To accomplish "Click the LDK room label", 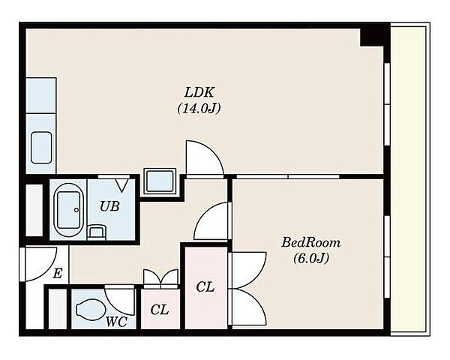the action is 199,93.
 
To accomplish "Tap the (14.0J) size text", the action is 199,109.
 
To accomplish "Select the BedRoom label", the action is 310,242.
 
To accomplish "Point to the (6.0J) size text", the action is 310,259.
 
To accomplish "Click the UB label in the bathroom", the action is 109,206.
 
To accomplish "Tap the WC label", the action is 116,322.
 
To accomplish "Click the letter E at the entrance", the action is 58,273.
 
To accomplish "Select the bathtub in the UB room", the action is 68,210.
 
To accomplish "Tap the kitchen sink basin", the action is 41,148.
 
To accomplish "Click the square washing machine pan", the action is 160,181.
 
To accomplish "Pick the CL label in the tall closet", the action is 205,286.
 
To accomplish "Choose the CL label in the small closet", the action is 160,310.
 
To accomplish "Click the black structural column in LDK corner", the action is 372,37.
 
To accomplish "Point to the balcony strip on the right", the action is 408,180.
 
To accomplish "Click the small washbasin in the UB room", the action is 97,232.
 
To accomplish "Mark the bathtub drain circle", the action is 76,210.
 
